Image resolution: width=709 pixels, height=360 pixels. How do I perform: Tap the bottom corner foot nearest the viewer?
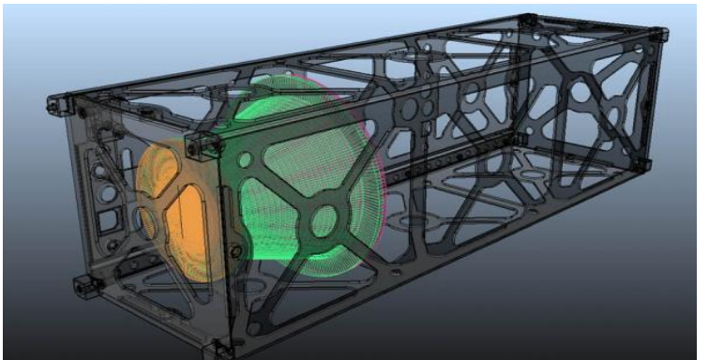click(x=223, y=349)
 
